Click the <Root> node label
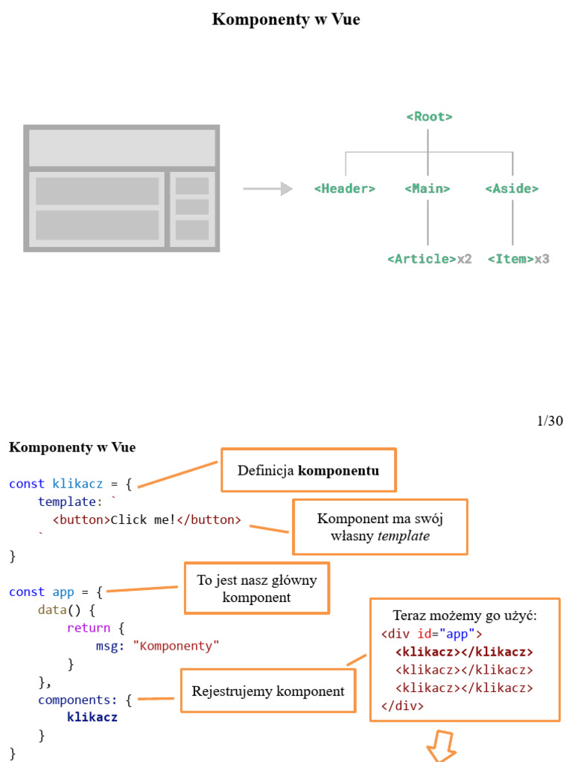point(429,117)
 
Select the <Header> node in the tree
point(345,189)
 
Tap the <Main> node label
point(428,189)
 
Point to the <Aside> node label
point(512,189)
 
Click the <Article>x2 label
point(430,259)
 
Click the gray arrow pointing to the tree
point(267,189)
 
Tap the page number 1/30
point(550,421)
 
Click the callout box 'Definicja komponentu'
point(308,470)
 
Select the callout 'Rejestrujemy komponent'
point(268,691)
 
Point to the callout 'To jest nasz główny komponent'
point(256,589)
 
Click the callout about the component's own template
point(380,527)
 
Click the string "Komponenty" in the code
point(177,646)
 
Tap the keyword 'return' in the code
point(89,628)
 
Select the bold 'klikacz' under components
point(92,718)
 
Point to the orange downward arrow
point(441,748)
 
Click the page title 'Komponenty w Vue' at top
point(286,20)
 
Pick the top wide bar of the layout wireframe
point(122,147)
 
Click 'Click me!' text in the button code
point(143,520)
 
